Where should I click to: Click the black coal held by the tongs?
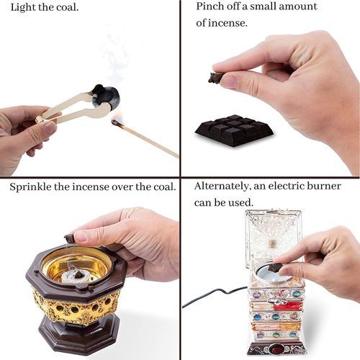tap(105, 96)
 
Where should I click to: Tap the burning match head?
tap(115, 123)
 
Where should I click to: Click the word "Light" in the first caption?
tap(23, 8)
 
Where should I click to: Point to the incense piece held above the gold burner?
tap(70, 238)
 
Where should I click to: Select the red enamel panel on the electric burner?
tap(287, 306)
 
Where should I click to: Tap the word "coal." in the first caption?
tap(68, 8)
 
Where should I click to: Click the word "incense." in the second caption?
tap(228, 23)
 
